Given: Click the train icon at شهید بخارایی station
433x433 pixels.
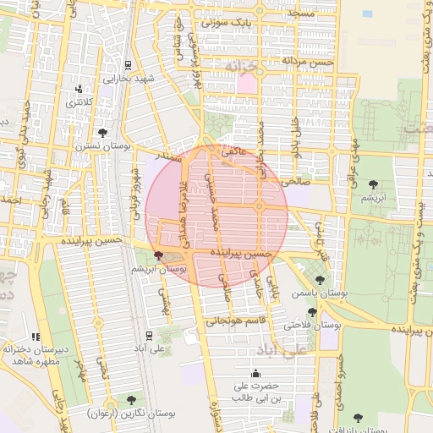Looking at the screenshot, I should click(x=127, y=64).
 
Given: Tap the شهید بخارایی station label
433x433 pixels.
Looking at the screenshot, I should click(x=127, y=78).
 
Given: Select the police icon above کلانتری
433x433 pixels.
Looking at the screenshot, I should click(x=79, y=89).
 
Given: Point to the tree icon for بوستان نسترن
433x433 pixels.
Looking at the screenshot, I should click(x=103, y=133).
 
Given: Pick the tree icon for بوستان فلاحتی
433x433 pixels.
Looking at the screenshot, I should click(x=312, y=312).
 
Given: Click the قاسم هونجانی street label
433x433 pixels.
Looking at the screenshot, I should click(x=238, y=321).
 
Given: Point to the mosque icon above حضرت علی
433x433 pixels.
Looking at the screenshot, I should click(x=255, y=374).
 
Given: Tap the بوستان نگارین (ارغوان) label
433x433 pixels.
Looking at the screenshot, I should click(x=131, y=414).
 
